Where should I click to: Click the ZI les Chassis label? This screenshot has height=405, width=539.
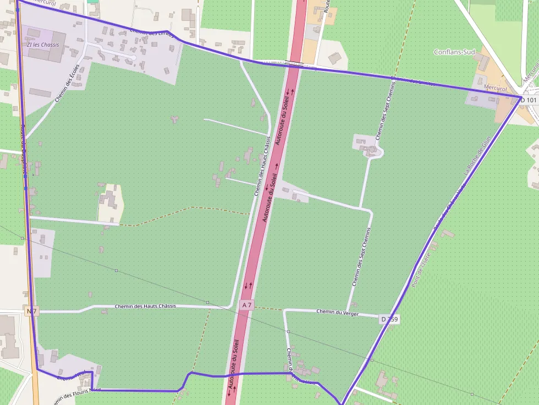42,45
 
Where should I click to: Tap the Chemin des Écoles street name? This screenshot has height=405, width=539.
68,84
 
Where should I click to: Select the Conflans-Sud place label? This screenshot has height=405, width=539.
454,52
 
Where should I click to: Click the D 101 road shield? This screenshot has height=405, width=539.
529,100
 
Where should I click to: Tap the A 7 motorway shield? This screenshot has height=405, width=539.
247,304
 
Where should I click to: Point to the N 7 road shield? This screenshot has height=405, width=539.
31,311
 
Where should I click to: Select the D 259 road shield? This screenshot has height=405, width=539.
389,319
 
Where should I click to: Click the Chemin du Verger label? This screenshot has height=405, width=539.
337,313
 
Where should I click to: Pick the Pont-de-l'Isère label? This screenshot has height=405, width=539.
421,268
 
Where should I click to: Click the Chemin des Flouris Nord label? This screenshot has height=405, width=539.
78,394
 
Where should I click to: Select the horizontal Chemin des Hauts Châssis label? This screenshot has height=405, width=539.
145,306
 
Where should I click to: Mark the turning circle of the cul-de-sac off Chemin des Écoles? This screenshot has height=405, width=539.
134,57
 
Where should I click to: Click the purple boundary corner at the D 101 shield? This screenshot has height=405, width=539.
521,97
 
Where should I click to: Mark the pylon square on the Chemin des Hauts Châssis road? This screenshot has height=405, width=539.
207,302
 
